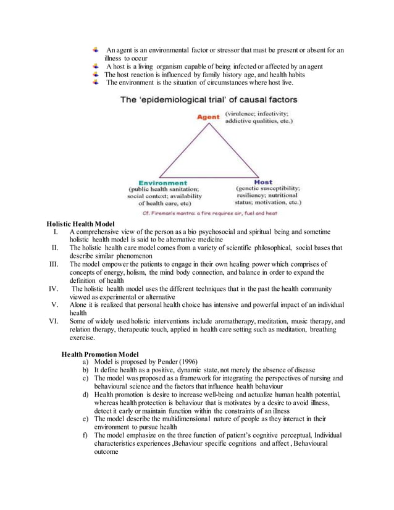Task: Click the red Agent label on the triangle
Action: pyautogui.click(x=209, y=117)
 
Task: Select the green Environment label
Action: pyautogui.click(x=163, y=183)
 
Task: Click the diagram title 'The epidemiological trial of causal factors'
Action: pyautogui.click(x=209, y=99)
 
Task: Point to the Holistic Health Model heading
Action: pyautogui.click(x=81, y=223)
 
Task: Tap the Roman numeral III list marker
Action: pyautogui.click(x=56, y=264)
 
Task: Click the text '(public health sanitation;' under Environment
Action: pyautogui.click(x=163, y=190)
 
